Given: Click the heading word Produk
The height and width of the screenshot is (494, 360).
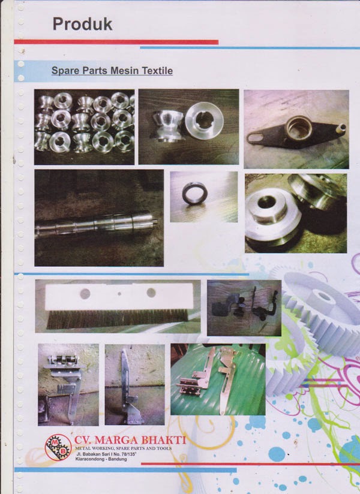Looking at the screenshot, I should pyautogui.click(x=82, y=24).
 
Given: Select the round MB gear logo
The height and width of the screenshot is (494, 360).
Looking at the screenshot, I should pyautogui.click(x=58, y=447).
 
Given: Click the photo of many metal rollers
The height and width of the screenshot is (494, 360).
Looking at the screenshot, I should pyautogui.click(x=84, y=126).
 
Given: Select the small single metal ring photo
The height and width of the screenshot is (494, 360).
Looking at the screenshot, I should pyautogui.click(x=195, y=197).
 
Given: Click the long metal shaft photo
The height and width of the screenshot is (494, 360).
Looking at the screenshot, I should pyautogui.click(x=98, y=218).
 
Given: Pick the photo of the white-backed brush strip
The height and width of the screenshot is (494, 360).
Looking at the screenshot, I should pyautogui.click(x=118, y=306).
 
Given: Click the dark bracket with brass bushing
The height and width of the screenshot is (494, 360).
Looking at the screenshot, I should pyautogui.click(x=296, y=128).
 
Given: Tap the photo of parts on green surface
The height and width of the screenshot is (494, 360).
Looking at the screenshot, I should pyautogui.click(x=217, y=379).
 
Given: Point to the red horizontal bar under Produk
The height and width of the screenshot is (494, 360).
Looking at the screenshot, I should pyautogui.click(x=120, y=42).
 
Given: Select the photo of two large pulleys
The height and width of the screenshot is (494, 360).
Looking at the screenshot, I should pyautogui.click(x=295, y=213).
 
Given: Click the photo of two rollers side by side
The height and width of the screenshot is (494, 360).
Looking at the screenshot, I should pyautogui.click(x=188, y=126).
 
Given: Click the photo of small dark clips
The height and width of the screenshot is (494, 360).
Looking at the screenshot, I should pyautogui.click(x=244, y=308).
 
